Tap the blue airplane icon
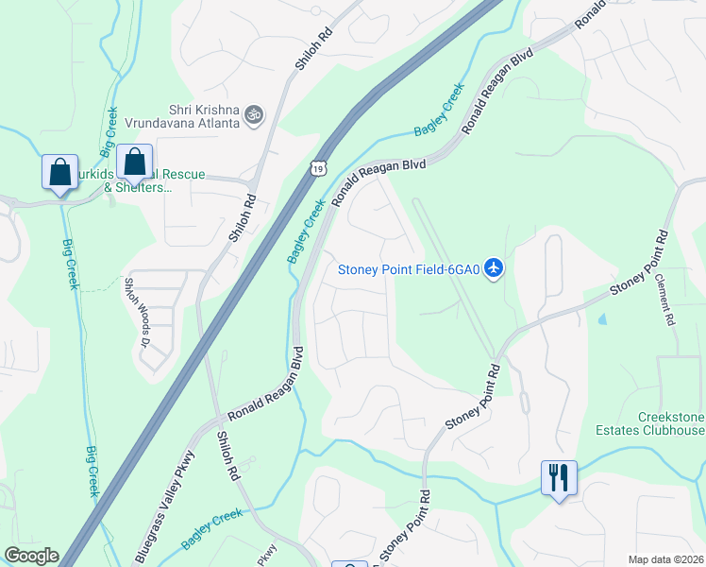[493, 268]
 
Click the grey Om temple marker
[253, 115]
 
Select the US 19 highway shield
[318, 167]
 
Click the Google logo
[30, 556]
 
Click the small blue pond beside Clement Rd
[602, 318]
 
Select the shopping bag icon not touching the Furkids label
[60, 173]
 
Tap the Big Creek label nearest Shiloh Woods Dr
[68, 265]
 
